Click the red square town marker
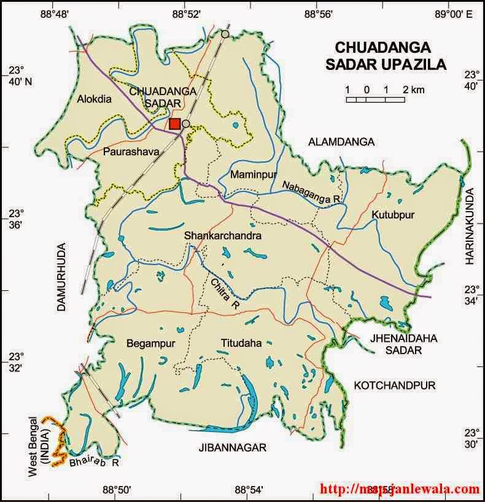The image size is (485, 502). pos(175,124)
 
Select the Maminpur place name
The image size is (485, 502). pos(250,175)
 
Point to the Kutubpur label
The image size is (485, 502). pos(393,215)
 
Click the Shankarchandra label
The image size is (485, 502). pos(223,236)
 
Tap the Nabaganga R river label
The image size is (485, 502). pos(311,192)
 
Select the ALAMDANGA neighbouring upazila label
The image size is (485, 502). pos(341,142)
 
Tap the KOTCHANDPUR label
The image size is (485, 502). pos(394,385)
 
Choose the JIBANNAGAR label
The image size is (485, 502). pos(232,447)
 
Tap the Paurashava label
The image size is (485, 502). pos(131,150)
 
